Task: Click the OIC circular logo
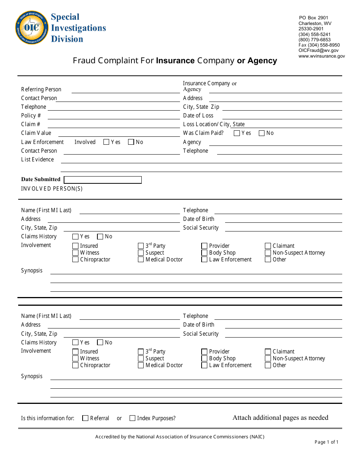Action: pyautogui.click(x=32, y=28)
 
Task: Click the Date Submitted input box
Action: pyautogui.click(x=103, y=180)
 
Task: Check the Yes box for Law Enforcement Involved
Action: pyautogui.click(x=106, y=142)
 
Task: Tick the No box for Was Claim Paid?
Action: pyautogui.click(x=261, y=133)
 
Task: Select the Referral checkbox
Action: pyautogui.click(x=85, y=418)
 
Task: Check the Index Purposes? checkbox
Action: pyautogui.click(x=132, y=418)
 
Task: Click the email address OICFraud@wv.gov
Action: pyautogui.click(x=318, y=50)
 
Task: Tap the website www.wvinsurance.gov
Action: pyautogui.click(x=321, y=56)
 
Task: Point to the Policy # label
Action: pyautogui.click(x=31, y=116)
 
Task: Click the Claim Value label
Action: pyautogui.click(x=36, y=133)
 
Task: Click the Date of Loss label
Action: pyautogui.click(x=198, y=116)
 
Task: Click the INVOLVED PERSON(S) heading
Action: pyautogui.click(x=52, y=189)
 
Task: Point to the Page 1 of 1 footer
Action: pyautogui.click(x=326, y=442)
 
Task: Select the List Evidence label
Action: pyautogui.click(x=38, y=160)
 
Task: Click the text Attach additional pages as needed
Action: pyautogui.click(x=280, y=418)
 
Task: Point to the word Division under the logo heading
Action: pyautogui.click(x=67, y=39)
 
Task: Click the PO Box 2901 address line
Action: pyautogui.click(x=313, y=18)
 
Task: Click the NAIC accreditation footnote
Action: pyautogui.click(x=180, y=437)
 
